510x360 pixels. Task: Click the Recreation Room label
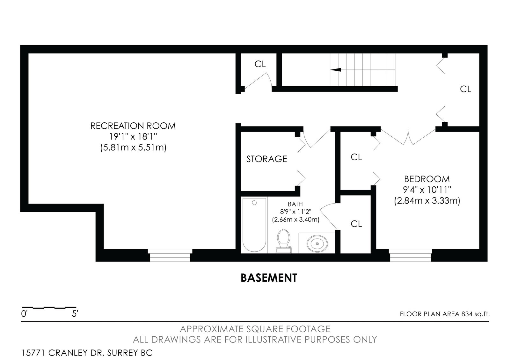tap(133, 126)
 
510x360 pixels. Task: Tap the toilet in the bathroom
tap(283, 241)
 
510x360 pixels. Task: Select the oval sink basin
tap(317, 244)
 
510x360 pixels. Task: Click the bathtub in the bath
tap(254, 225)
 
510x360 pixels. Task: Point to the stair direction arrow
tap(336, 70)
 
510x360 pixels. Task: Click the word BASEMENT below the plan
tap(269, 278)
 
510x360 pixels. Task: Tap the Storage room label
tap(266, 159)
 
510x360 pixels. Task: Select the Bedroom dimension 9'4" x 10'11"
tap(427, 190)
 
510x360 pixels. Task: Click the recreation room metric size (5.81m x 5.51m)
tap(133, 148)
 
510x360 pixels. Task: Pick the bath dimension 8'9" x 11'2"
tap(295, 212)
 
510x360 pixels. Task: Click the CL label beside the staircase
tap(260, 64)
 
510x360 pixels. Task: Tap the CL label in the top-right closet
tap(465, 89)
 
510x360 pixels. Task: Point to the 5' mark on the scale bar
tap(75, 314)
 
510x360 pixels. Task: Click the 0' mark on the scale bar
tap(24, 314)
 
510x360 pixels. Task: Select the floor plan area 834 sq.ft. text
tap(445, 314)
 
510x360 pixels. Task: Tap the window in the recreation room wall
tap(170, 255)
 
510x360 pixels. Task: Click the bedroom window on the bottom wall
tap(410, 255)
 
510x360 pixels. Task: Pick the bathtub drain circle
tap(254, 203)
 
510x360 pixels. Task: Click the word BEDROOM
tap(427, 179)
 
